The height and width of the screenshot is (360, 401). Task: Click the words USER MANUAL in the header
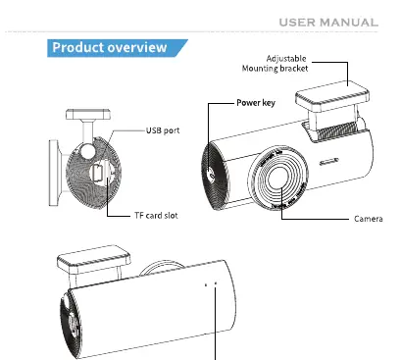[x=328, y=23]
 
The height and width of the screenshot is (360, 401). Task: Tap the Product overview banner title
[x=110, y=48]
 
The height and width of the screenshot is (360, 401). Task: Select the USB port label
[x=163, y=130]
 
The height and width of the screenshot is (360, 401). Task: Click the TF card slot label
[x=156, y=216]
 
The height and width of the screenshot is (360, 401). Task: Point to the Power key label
[x=256, y=103]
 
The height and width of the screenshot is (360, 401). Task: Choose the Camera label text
[x=369, y=219]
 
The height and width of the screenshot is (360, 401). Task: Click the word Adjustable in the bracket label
[x=286, y=59]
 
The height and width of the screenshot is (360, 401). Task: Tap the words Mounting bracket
[x=275, y=69]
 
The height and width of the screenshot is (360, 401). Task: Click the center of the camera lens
[x=277, y=178]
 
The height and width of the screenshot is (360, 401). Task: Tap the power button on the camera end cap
[x=212, y=175]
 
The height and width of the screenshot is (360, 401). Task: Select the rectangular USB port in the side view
[x=98, y=173]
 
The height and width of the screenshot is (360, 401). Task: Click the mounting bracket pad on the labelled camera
[x=332, y=96]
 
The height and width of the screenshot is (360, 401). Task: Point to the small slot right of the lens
[x=328, y=162]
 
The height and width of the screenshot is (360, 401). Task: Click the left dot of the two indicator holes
[x=206, y=285]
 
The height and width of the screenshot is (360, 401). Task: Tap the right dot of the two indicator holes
[x=216, y=283]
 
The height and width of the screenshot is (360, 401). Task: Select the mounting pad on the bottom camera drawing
[x=94, y=260]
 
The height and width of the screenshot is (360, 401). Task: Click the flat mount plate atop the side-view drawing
[x=88, y=115]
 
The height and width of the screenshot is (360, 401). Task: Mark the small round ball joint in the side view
[x=88, y=151]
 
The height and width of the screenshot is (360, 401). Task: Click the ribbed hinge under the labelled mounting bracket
[x=337, y=130]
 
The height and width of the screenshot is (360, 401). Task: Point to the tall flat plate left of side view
[x=54, y=173]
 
